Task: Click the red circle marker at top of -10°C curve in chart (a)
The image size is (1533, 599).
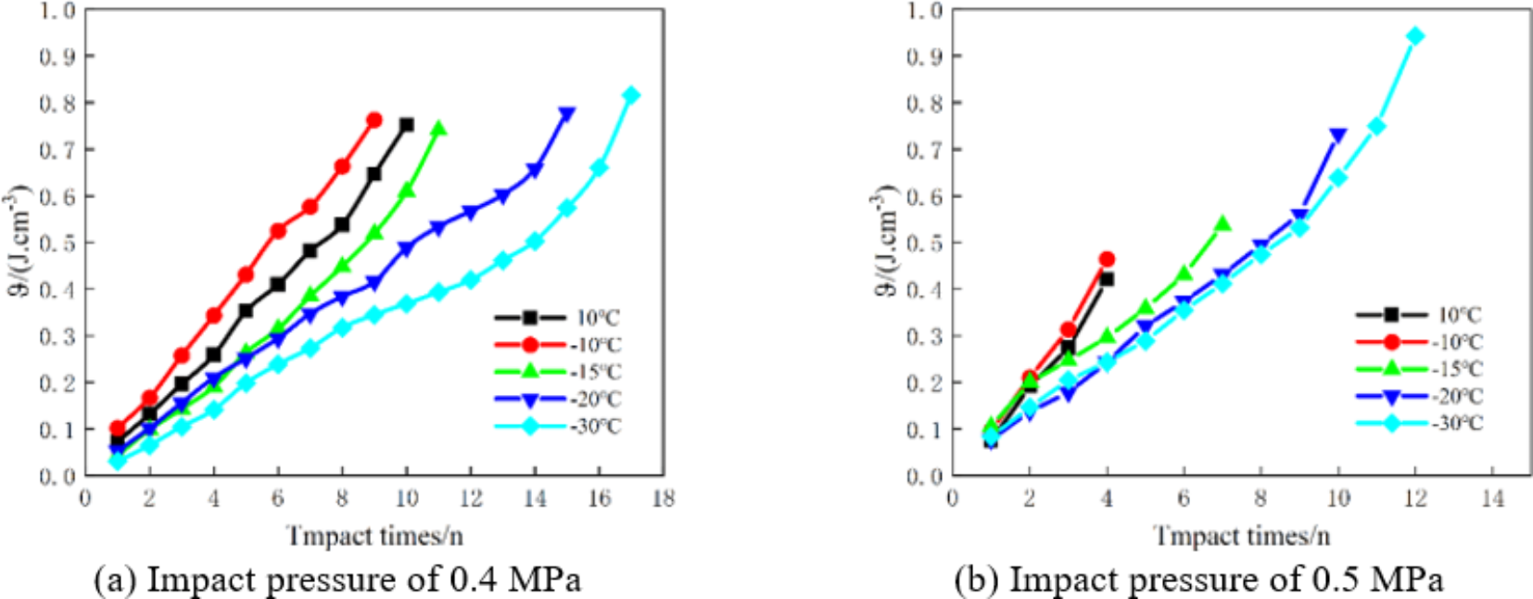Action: pyautogui.click(x=374, y=120)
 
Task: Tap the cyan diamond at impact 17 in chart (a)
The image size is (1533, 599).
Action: pyautogui.click(x=631, y=96)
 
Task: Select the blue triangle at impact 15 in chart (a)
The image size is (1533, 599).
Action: pyautogui.click(x=566, y=115)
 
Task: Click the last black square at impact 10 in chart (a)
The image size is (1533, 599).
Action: pyautogui.click(x=406, y=124)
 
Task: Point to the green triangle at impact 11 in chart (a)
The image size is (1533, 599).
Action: pyautogui.click(x=438, y=129)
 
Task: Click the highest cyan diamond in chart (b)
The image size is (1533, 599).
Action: pyautogui.click(x=1414, y=36)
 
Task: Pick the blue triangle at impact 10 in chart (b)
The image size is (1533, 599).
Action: pyautogui.click(x=1337, y=136)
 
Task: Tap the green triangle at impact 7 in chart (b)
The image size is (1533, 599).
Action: pyautogui.click(x=1223, y=223)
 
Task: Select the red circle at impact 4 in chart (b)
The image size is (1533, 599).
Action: pyautogui.click(x=1107, y=260)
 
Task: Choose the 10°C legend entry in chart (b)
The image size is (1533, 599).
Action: pyautogui.click(x=1419, y=315)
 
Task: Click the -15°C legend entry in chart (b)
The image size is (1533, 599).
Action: pyautogui.click(x=1419, y=369)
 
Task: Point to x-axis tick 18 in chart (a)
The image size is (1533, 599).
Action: pyautogui.click(x=664, y=499)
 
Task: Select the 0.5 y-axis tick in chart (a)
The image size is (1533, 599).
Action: pyautogui.click(x=57, y=243)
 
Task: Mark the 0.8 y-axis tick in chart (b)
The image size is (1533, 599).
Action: pyautogui.click(x=924, y=103)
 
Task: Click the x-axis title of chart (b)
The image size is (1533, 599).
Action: pyautogui.click(x=1241, y=536)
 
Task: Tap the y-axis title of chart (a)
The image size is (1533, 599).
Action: pyautogui.click(x=19, y=241)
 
